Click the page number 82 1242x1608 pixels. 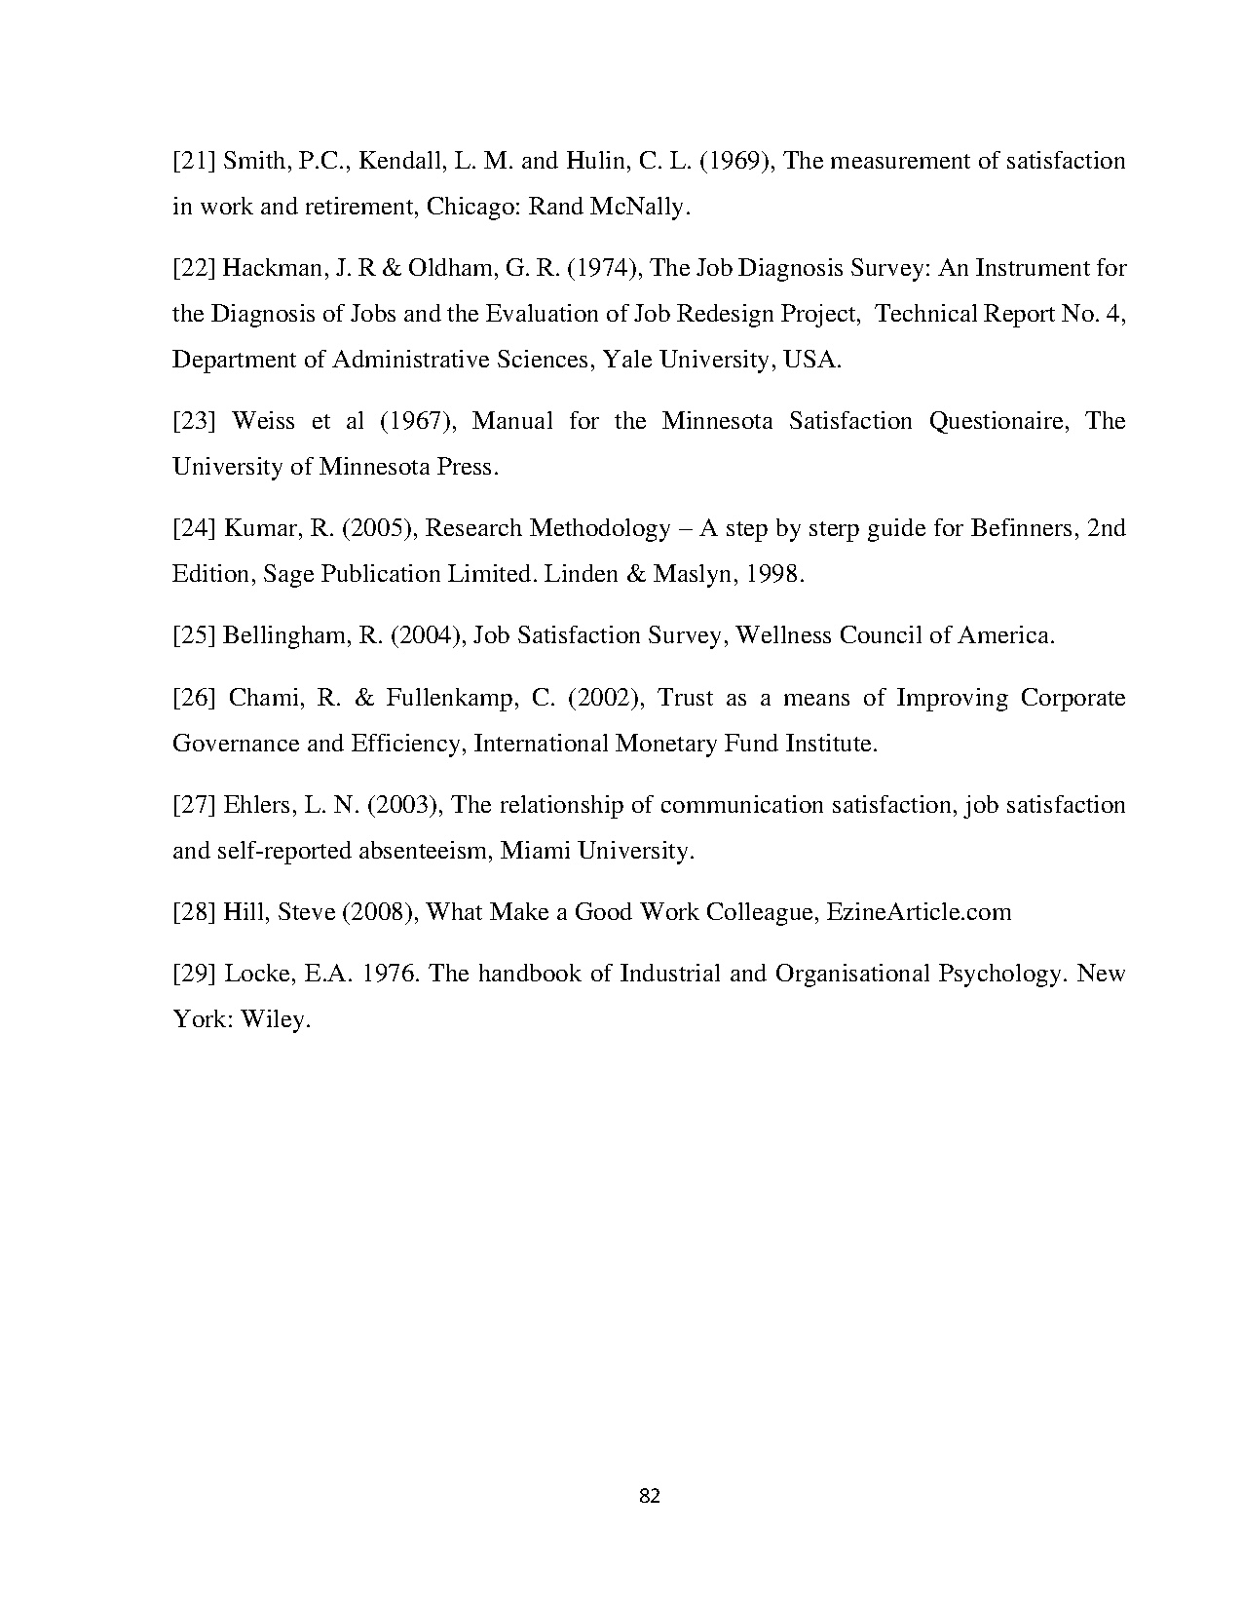click(650, 1496)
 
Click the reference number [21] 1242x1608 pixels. click(194, 161)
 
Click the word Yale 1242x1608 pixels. click(628, 360)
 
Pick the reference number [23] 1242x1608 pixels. click(194, 421)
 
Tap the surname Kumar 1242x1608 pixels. click(254, 528)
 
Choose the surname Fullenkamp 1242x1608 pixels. click(450, 698)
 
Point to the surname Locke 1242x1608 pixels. click(256, 974)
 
